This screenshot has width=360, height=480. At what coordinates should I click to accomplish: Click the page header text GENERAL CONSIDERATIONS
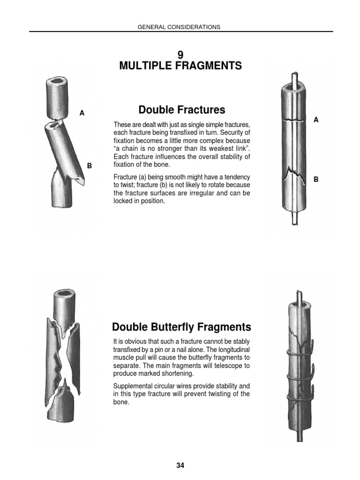pos(179,27)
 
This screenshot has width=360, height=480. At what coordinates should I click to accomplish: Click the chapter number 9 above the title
pos(180,55)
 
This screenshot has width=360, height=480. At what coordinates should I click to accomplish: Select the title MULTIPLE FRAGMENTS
pos(180,66)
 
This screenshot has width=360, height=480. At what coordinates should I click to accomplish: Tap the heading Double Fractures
pos(182,110)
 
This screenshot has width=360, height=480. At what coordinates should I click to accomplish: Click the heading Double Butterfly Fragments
pos(182,327)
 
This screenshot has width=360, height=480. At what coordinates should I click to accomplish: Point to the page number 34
pos(180,465)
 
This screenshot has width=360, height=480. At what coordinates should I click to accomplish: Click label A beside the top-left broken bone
pos(82,113)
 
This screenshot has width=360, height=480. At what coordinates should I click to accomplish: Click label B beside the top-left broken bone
pos(90,165)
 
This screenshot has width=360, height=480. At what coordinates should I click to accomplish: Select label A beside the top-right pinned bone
pos(316,120)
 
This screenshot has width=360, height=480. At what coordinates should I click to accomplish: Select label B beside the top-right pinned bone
pos(316,179)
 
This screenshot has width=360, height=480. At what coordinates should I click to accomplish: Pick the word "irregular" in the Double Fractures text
pos(193,193)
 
